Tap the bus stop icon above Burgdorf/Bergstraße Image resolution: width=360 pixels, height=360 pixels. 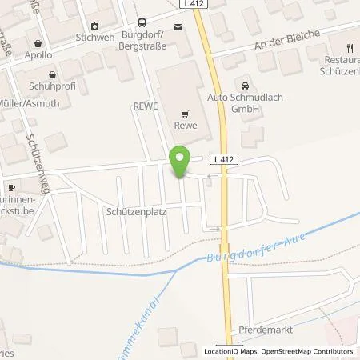pyautogui.click(x=142, y=23)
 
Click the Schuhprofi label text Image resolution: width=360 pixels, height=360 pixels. pyautogui.click(x=50, y=83)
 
